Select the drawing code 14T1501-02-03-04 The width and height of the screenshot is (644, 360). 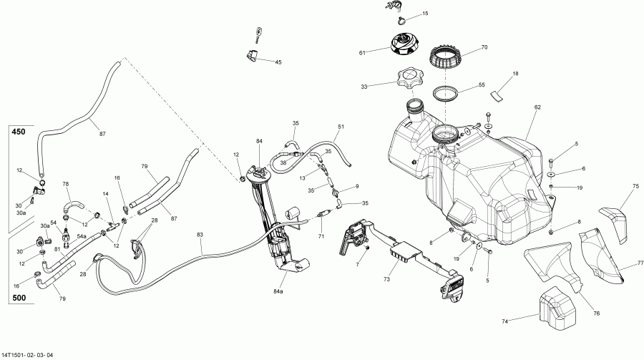click(x=34, y=354)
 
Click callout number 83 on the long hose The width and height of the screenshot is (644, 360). click(x=200, y=235)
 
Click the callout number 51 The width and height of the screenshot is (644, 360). click(x=341, y=127)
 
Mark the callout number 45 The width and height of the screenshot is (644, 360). click(x=278, y=62)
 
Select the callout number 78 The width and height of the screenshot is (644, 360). click(x=67, y=184)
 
